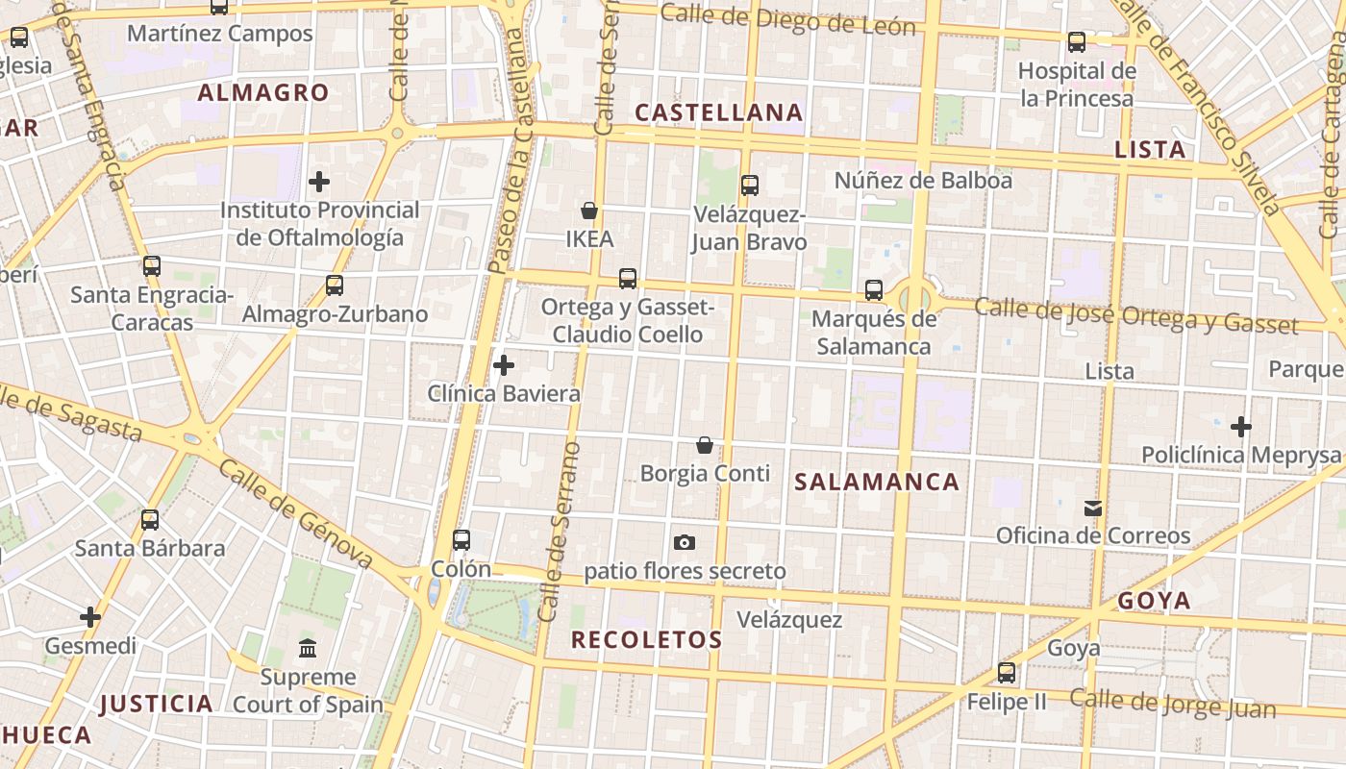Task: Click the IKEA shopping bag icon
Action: point(589,211)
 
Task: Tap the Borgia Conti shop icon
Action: point(705,445)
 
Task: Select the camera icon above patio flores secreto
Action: point(685,543)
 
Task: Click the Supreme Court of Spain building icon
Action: point(308,649)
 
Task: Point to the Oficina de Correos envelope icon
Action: point(1093,508)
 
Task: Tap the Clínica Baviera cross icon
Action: point(504,365)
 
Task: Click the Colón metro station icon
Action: point(461,540)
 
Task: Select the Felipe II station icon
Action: point(1007,673)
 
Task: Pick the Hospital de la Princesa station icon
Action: point(1077,42)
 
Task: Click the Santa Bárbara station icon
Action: point(150,520)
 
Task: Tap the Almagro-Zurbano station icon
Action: point(335,285)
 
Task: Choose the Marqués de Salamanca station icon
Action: point(874,289)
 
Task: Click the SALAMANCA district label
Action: point(877,483)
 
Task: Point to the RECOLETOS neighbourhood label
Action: point(647,640)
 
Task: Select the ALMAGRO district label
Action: point(263,93)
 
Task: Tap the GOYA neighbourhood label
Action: point(1155,602)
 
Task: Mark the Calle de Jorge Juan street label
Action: point(1172,705)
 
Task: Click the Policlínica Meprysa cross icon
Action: point(1241,426)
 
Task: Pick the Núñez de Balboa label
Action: point(923,180)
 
